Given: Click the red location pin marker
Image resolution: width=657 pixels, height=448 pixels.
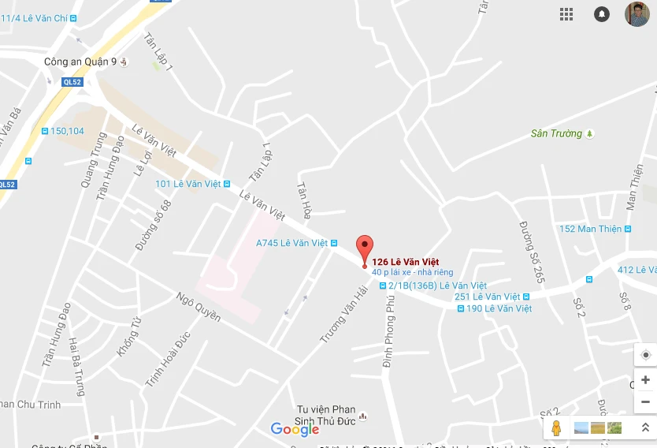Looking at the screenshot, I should pyautogui.click(x=364, y=248).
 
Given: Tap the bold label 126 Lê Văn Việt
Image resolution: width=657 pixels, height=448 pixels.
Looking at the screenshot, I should pyautogui.click(x=405, y=262).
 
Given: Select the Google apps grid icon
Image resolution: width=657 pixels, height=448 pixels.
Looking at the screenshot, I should pyautogui.click(x=566, y=14).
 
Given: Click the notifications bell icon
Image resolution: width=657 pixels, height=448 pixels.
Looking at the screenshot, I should pyautogui.click(x=602, y=14).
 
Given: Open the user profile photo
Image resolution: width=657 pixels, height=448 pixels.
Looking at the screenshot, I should pyautogui.click(x=637, y=14).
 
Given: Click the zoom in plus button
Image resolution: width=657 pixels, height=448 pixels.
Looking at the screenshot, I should pyautogui.click(x=645, y=379).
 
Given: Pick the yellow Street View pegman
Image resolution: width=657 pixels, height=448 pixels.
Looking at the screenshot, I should pyautogui.click(x=556, y=428).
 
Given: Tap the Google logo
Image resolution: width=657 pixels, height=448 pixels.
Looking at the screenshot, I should pyautogui.click(x=295, y=429).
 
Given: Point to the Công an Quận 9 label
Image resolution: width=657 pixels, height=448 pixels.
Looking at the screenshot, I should pyautogui.click(x=81, y=62).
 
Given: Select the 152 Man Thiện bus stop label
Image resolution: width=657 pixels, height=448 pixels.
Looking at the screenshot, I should pyautogui.click(x=590, y=229).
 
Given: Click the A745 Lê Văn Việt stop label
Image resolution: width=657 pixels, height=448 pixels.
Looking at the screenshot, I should pyautogui.click(x=291, y=243).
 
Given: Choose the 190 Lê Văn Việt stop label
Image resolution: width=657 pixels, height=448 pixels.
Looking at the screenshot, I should pyautogui.click(x=499, y=308).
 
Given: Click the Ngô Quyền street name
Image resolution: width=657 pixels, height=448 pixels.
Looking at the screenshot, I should pyautogui.click(x=199, y=307).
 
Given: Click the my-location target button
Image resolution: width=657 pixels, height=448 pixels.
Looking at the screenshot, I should pyautogui.click(x=645, y=355).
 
